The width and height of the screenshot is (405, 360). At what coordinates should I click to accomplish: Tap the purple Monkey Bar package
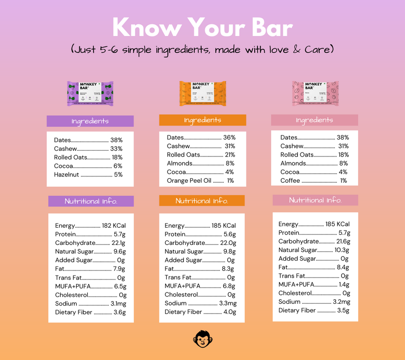[x=90, y=94]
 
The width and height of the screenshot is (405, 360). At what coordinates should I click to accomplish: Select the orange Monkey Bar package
[x=202, y=94]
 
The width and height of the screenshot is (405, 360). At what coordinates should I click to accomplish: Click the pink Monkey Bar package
[x=315, y=93]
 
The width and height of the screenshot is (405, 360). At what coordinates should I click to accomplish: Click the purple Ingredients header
[x=90, y=121]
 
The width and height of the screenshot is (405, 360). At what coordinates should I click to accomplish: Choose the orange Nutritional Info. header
[x=202, y=201]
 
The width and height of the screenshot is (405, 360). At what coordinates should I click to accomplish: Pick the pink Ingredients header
[x=314, y=120]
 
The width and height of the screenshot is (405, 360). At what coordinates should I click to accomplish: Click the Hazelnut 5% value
[x=118, y=175]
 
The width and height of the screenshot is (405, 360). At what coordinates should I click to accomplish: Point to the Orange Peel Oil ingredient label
[x=189, y=180]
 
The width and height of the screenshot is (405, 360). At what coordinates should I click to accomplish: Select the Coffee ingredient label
[x=290, y=180]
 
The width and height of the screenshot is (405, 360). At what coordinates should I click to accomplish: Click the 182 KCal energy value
[x=114, y=225]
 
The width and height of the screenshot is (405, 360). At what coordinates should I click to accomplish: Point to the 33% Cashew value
[x=117, y=148]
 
